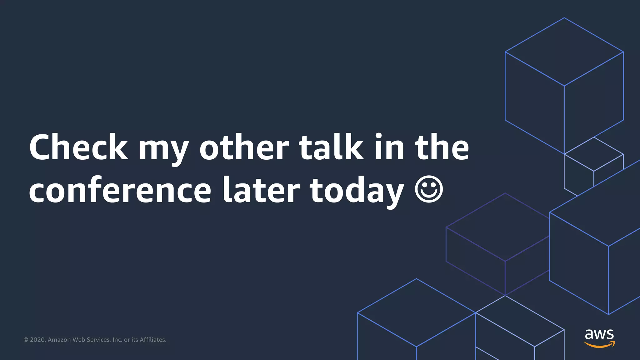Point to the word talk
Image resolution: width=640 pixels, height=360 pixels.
tap(331, 147)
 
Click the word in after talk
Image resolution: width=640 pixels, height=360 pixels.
tap(389, 147)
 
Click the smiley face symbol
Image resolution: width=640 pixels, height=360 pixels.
tap(429, 189)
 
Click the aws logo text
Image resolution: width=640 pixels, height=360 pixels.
tap(599, 334)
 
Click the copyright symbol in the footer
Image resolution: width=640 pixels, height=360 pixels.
tap(26, 340)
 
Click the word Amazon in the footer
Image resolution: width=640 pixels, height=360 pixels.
tap(59, 340)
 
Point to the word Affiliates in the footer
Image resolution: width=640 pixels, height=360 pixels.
tap(153, 340)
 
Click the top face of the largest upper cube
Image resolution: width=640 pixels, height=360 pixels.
tap(564, 52)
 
